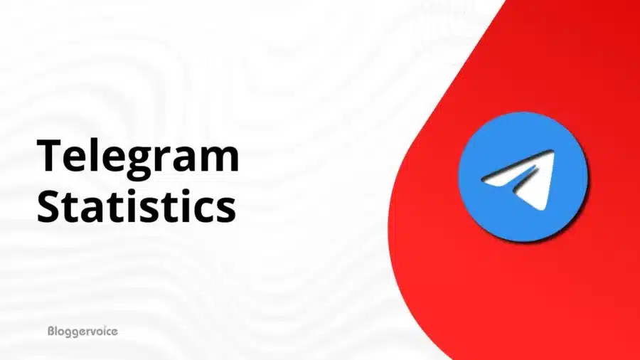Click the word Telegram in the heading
[x=137, y=157]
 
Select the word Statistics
[x=135, y=206]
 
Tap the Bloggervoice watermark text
[x=82, y=331]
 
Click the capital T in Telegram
[x=50, y=157]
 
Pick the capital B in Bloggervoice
[x=50, y=331]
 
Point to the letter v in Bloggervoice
[x=92, y=332]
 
